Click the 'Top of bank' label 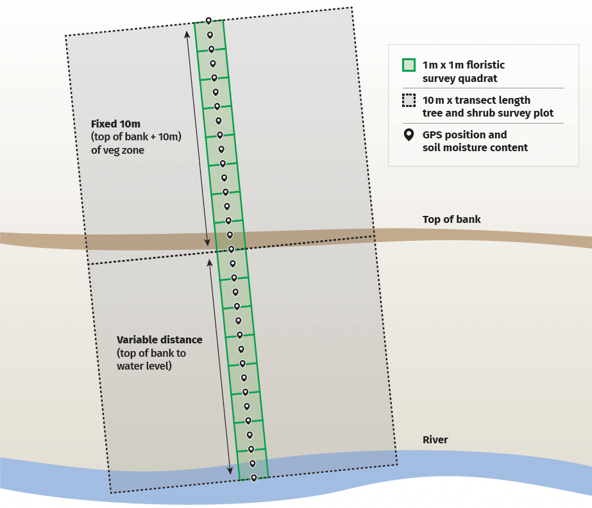pyautogui.click(x=452, y=220)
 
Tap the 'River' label pyautogui.click(x=435, y=439)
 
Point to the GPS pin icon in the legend pyautogui.click(x=409, y=136)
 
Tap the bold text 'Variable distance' pyautogui.click(x=159, y=340)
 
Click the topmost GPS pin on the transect pyautogui.click(x=208, y=21)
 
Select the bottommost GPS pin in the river pyautogui.click(x=254, y=478)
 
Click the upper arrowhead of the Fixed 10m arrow pyautogui.click(x=187, y=34)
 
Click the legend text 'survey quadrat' pyautogui.click(x=460, y=78)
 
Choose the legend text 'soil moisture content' pyautogui.click(x=475, y=147)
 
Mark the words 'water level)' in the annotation pyautogui.click(x=144, y=366)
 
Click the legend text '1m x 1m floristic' pyautogui.click(x=463, y=65)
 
